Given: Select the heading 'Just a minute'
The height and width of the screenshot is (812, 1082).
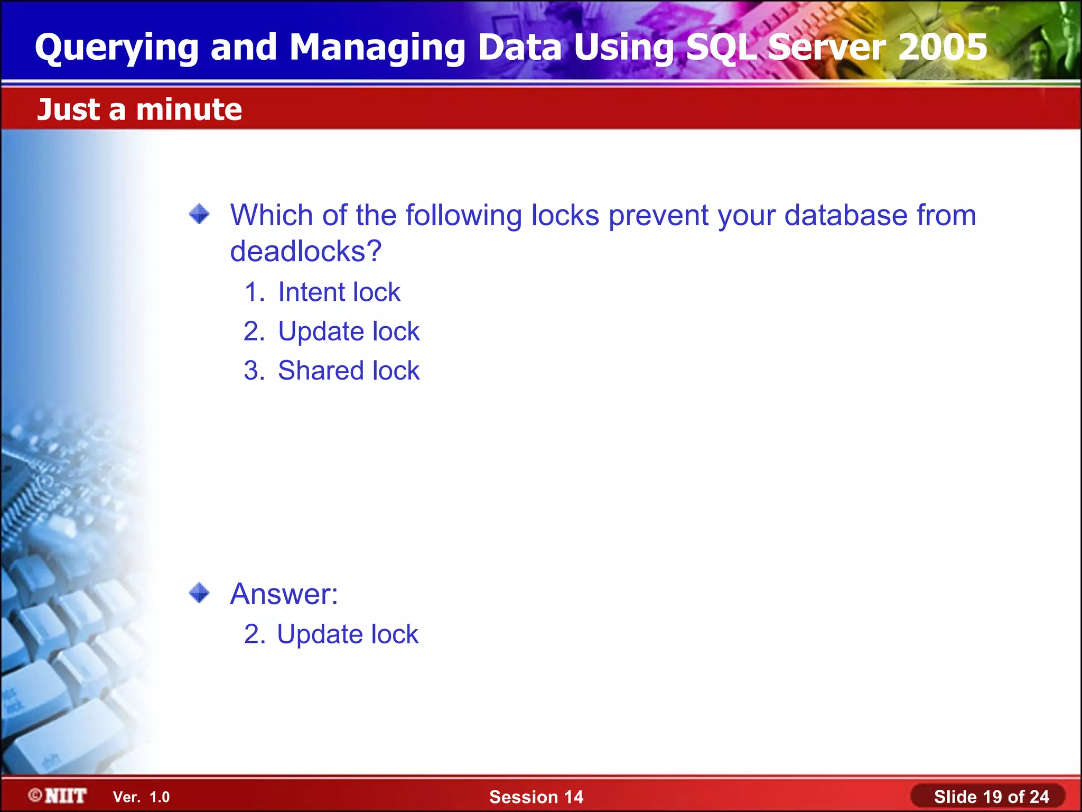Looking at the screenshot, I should coord(139,109).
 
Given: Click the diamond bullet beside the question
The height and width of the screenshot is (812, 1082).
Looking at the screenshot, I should coord(199,214).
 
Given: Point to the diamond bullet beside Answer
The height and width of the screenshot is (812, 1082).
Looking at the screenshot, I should coord(199,593).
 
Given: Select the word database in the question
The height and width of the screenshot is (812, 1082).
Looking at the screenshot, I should coord(845,215).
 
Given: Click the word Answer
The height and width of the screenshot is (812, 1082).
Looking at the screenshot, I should coord(284,594).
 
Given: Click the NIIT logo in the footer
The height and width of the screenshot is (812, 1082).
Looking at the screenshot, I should coord(58,796).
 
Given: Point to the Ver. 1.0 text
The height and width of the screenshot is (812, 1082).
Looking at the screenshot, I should coord(141,797).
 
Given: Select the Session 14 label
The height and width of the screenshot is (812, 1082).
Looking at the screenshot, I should coord(536,797).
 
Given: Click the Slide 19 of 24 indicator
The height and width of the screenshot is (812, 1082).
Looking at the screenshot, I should coord(991,797).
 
